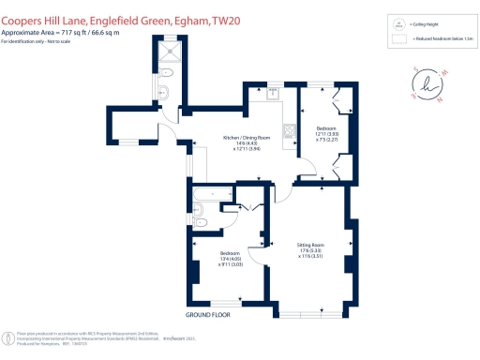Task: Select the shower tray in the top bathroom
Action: (x=170, y=53)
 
